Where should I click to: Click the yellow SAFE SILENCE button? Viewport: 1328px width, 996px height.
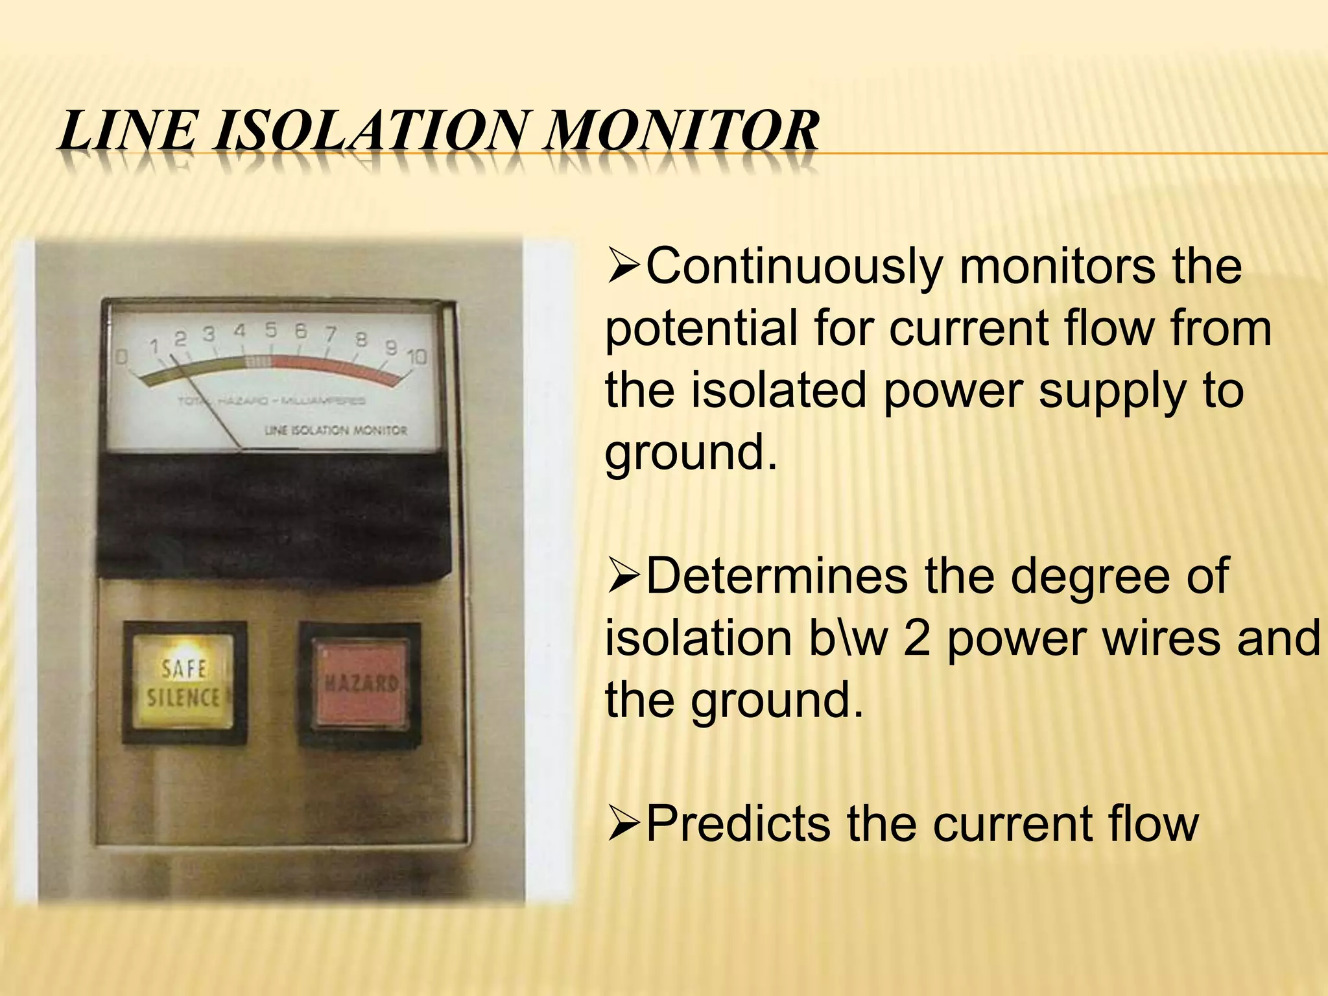click(x=184, y=683)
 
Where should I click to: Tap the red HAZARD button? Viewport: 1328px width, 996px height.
click(x=360, y=683)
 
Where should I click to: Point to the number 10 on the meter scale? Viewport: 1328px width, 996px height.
click(x=417, y=357)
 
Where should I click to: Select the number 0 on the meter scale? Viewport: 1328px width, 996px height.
click(x=121, y=357)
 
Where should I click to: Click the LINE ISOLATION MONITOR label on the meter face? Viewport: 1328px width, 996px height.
click(x=336, y=431)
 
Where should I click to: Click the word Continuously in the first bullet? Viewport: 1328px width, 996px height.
click(x=792, y=267)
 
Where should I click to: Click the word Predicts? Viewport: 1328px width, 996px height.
click(x=738, y=824)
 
